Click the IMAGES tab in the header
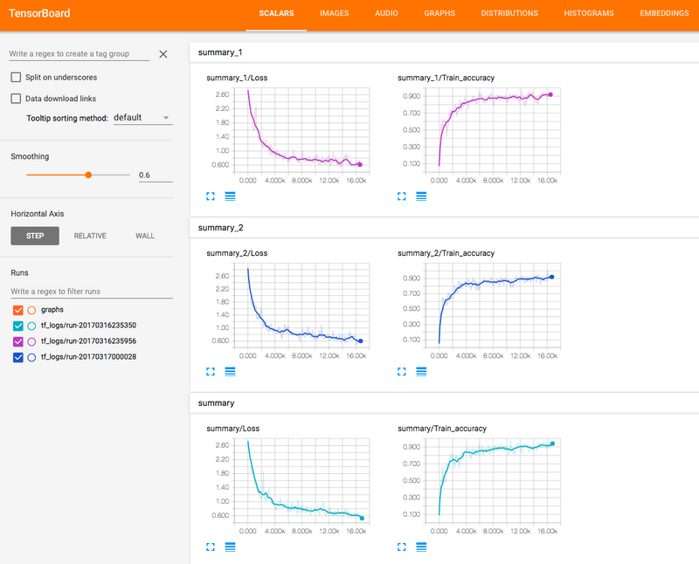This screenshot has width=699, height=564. click(335, 14)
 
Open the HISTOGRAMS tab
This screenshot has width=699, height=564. click(589, 14)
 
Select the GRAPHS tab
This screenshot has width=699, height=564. click(439, 14)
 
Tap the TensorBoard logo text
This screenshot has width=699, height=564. click(39, 14)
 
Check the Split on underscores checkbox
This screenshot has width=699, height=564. click(16, 77)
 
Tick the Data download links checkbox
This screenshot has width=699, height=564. click(16, 99)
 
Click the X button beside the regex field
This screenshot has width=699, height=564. click(163, 54)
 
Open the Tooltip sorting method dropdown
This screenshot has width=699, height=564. click(142, 118)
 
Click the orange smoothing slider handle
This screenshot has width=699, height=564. click(88, 175)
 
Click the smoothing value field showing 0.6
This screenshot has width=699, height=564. click(155, 175)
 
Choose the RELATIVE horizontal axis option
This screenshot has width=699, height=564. click(90, 236)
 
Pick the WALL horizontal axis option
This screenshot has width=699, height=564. click(145, 236)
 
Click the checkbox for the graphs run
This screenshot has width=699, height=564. click(17, 310)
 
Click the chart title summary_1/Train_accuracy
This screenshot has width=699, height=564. click(446, 78)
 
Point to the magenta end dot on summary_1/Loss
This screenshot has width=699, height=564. click(359, 164)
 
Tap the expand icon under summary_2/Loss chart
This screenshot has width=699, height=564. click(210, 371)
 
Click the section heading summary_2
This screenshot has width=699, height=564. click(215, 227)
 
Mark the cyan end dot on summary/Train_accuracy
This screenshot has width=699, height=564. click(552, 444)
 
